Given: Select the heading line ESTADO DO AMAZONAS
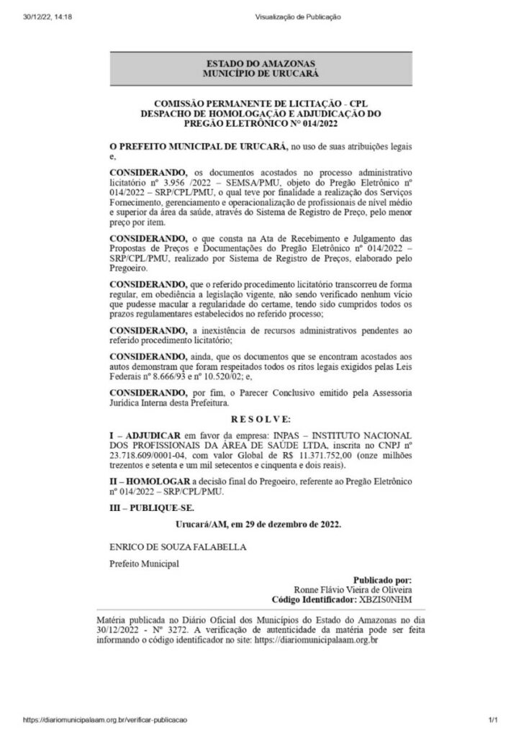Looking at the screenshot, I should pyautogui.click(x=260, y=64).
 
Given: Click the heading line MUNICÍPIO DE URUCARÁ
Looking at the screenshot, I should pyautogui.click(x=260, y=73).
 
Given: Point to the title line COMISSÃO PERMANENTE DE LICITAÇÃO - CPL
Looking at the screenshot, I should pyautogui.click(x=260, y=105).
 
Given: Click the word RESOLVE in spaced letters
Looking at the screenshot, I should pyautogui.click(x=260, y=419).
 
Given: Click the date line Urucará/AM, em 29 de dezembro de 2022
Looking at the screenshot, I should pyautogui.click(x=260, y=525).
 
